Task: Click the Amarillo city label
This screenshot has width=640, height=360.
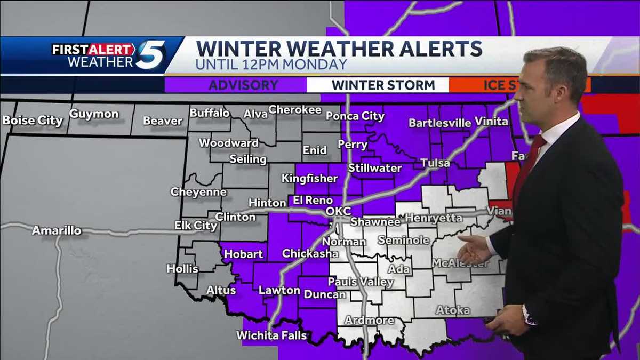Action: click(57, 230)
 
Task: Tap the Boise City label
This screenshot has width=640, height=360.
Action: click(33, 121)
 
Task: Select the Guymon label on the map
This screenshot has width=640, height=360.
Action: click(94, 114)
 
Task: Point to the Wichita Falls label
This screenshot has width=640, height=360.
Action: click(272, 335)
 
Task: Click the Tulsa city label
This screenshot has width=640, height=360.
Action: click(435, 163)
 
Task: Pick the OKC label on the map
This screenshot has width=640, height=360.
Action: click(338, 212)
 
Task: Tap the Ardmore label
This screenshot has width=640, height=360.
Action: click(370, 321)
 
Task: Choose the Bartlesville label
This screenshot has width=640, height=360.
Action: click(440, 123)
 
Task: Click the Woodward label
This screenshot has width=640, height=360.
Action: click(229, 143)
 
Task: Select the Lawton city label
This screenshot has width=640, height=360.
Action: click(279, 290)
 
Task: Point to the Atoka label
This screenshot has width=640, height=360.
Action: click(453, 309)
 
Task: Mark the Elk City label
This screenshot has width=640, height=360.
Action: click(196, 226)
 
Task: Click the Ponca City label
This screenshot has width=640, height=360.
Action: click(355, 116)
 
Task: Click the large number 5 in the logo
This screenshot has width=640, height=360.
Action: click(151, 55)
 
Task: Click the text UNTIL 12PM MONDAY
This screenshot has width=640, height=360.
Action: click(271, 65)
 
